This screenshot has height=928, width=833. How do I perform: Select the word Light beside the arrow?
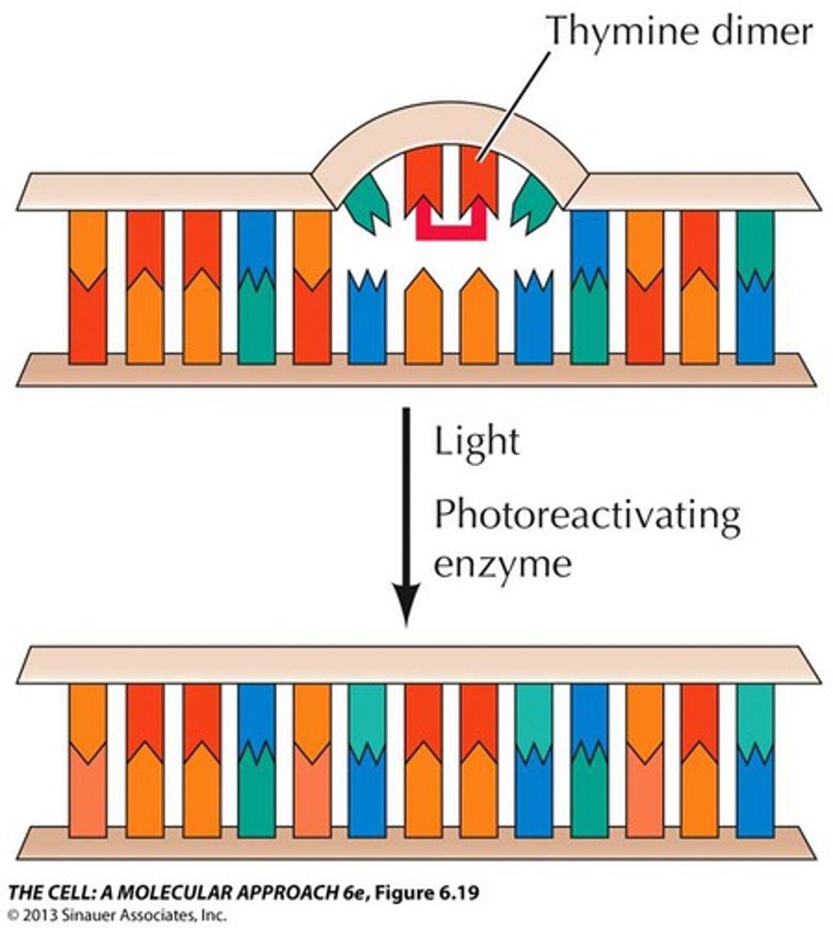click(476, 442)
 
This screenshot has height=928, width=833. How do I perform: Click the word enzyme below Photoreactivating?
click(502, 564)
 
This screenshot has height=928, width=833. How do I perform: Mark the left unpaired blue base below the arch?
click(367, 317)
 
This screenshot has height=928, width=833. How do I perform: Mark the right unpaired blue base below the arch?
click(534, 317)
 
